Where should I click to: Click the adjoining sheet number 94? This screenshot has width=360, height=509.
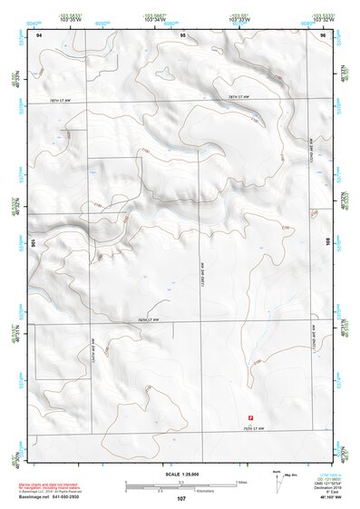click(x=39, y=34)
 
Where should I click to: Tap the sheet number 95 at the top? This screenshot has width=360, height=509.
click(x=182, y=34)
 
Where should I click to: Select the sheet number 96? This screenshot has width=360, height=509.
click(x=323, y=34)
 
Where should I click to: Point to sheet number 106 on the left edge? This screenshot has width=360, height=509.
click(x=34, y=243)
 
